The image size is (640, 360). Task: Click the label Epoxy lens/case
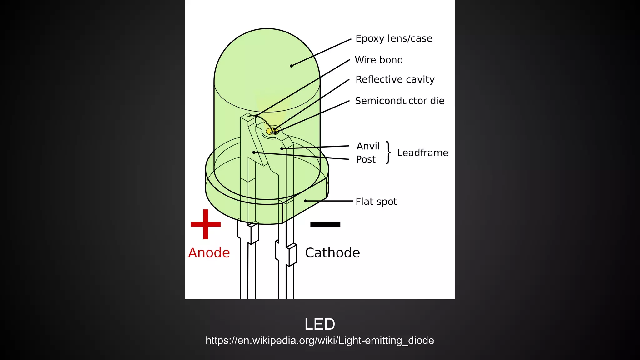(x=394, y=38)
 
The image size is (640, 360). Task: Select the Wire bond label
(x=379, y=60)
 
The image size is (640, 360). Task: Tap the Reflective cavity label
(x=395, y=79)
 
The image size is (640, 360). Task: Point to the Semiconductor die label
(x=399, y=101)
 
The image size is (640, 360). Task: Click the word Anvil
(x=368, y=146)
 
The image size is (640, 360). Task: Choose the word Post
(x=366, y=159)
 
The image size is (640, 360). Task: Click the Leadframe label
(x=422, y=153)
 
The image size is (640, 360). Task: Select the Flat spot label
(x=376, y=202)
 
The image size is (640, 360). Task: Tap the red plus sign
(x=206, y=224)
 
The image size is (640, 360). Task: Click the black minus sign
(x=325, y=224)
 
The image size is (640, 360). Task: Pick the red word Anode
(x=209, y=253)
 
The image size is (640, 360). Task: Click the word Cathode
(x=332, y=253)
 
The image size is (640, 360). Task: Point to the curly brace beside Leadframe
(x=388, y=152)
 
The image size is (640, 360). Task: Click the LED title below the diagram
(x=320, y=324)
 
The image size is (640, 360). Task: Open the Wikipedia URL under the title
(x=320, y=340)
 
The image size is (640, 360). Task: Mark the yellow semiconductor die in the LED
(x=272, y=132)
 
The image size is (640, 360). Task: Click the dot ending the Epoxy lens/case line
(x=291, y=66)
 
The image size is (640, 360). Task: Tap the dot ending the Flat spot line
(x=305, y=201)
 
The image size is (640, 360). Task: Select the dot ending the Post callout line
(x=254, y=152)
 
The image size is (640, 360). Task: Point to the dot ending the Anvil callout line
(x=282, y=148)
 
